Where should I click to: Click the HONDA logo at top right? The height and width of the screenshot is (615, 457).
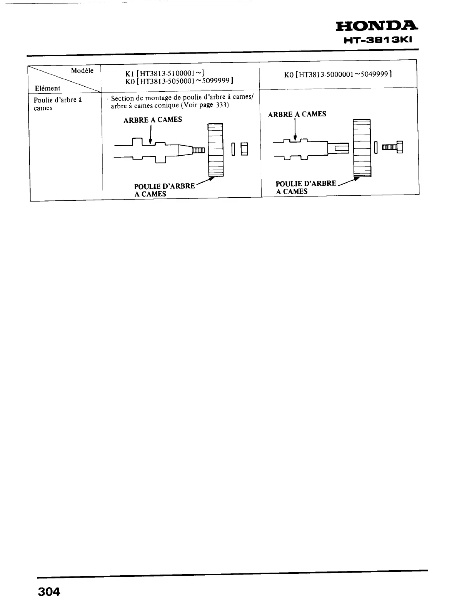[376, 26]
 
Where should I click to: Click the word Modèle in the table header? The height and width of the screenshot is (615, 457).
[82, 71]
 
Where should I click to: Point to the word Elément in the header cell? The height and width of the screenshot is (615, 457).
[47, 88]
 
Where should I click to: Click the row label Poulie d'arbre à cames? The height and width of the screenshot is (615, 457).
[57, 104]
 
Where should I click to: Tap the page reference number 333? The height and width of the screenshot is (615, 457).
[222, 105]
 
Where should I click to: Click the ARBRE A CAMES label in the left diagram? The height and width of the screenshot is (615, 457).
[152, 120]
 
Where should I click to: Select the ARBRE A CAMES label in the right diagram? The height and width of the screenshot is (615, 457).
[297, 114]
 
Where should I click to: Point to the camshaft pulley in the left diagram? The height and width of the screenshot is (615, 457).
[215, 150]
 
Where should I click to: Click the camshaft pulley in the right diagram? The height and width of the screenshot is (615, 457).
[362, 148]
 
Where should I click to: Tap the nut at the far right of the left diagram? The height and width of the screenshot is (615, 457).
[244, 149]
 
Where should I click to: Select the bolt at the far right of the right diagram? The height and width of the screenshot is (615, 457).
[392, 147]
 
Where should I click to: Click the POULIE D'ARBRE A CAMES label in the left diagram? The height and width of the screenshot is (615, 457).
[164, 190]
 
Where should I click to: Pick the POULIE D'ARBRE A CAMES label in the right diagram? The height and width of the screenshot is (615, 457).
[306, 187]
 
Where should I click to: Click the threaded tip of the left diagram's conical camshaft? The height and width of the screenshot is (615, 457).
[199, 150]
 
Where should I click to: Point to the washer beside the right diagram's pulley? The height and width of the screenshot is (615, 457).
[376, 147]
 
